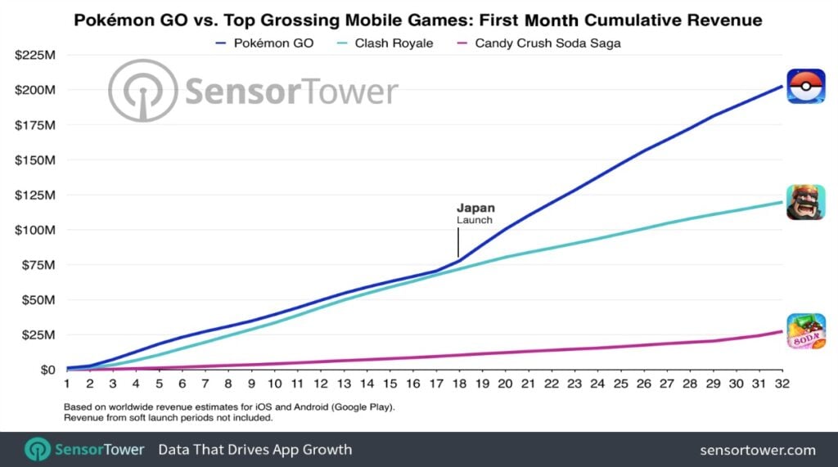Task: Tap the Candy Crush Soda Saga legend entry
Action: (x=547, y=43)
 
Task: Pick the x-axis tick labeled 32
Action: (x=782, y=383)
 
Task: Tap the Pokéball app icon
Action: (x=805, y=87)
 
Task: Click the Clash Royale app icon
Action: (x=805, y=202)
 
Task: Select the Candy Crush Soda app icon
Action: (x=805, y=331)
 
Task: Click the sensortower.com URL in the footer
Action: (x=758, y=450)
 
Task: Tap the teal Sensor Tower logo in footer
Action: (x=38, y=449)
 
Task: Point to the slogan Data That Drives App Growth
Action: (x=255, y=449)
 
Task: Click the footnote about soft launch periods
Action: (x=168, y=417)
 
